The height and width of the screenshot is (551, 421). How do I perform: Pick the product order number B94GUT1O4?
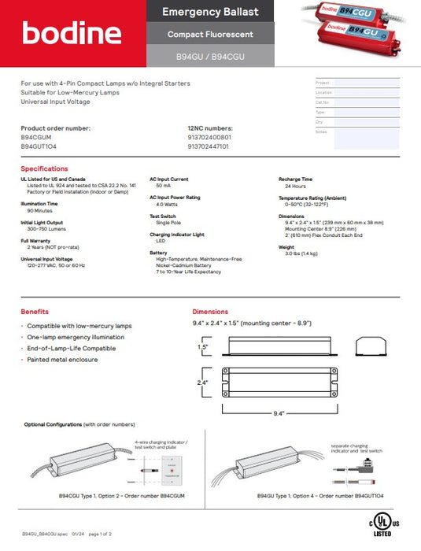tap(39, 146)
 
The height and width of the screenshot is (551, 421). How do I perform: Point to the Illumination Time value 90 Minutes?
tap(39, 211)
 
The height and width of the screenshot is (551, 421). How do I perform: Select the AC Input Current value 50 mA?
tap(160, 187)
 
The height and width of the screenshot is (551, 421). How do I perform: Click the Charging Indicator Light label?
tap(177, 235)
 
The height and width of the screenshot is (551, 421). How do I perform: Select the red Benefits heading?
tap(35, 312)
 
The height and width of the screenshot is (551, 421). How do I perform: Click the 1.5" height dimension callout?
tap(203, 346)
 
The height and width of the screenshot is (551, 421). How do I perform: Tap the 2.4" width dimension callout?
tap(203, 383)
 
